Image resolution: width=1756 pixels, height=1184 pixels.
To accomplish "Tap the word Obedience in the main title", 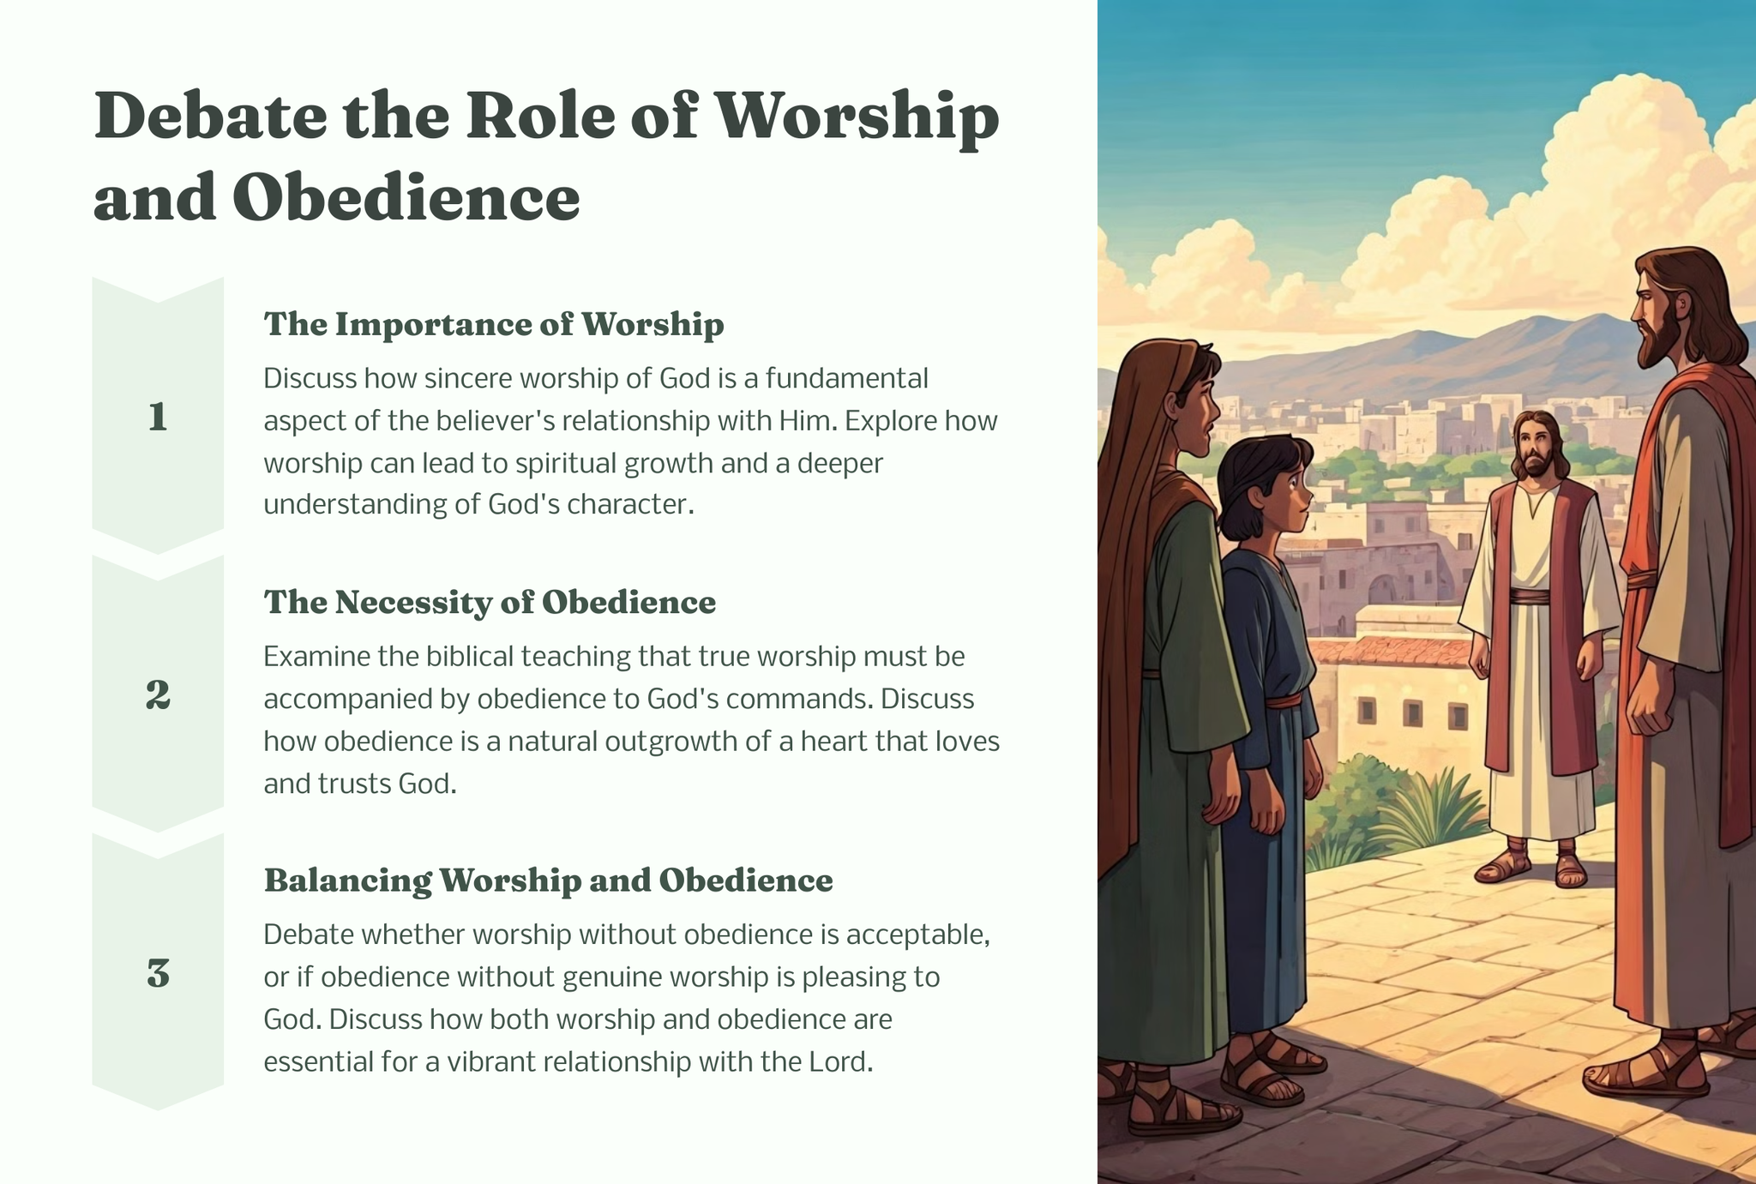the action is click(x=406, y=197).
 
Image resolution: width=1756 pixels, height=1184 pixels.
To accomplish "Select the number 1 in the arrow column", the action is click(x=158, y=418).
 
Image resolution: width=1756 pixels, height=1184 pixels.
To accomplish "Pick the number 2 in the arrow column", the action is click(x=158, y=695).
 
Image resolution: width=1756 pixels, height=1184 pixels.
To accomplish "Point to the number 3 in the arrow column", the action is click(x=158, y=974).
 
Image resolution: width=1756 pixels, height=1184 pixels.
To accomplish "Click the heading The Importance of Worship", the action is click(x=494, y=324).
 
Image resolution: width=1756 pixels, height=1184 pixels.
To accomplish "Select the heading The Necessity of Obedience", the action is click(x=490, y=602).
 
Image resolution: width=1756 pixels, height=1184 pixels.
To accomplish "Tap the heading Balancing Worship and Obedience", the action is click(x=549, y=880).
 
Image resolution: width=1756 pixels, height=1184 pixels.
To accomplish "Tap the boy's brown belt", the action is click(x=1283, y=700).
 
